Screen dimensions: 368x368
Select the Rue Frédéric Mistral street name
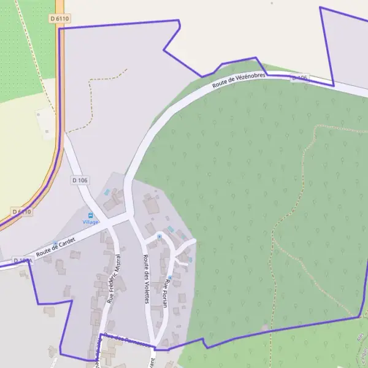(114, 279)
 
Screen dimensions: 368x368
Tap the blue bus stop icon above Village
(91, 215)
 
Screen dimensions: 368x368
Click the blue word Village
(91, 222)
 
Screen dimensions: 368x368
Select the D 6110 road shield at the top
(59, 19)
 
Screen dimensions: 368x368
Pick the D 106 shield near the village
(80, 180)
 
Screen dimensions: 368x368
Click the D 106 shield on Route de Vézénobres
(299, 79)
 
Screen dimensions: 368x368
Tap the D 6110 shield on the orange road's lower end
(21, 212)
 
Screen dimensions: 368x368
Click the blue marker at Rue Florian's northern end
(159, 236)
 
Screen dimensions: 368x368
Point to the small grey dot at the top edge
(271, 3)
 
